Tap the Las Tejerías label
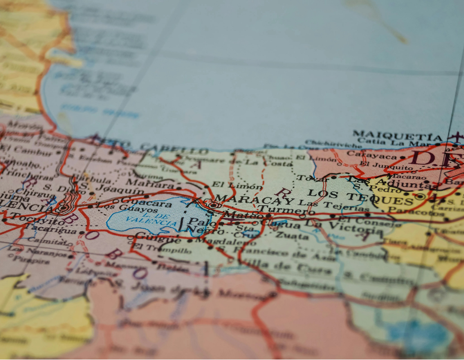333,204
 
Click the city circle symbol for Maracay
214,205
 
